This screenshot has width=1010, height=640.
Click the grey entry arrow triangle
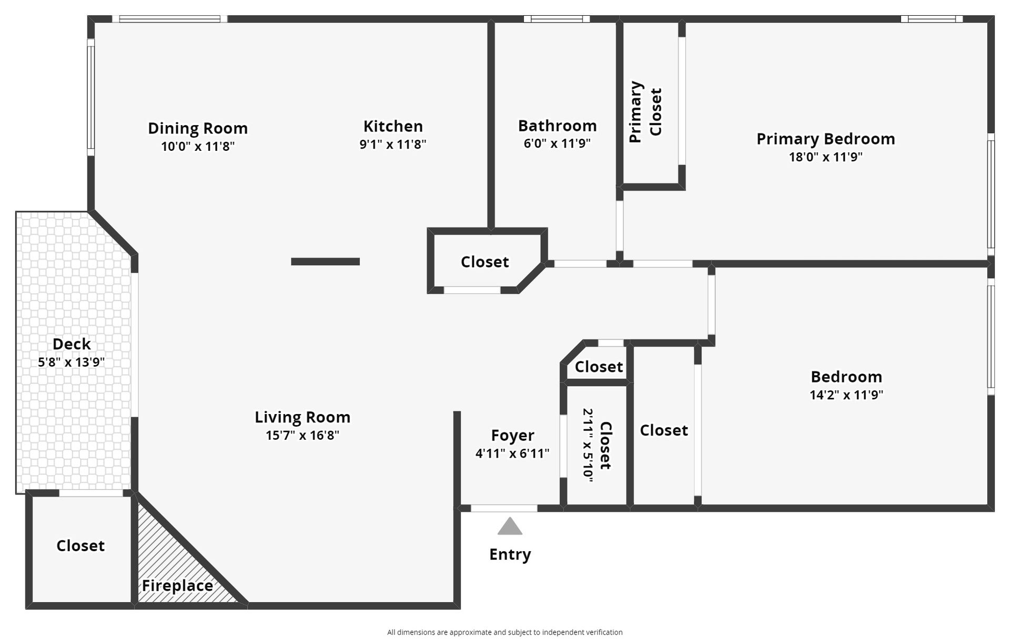(x=510, y=527)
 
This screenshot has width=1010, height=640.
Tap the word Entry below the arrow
(x=510, y=554)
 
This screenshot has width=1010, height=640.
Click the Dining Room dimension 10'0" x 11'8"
(x=197, y=147)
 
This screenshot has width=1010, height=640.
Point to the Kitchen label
(x=393, y=126)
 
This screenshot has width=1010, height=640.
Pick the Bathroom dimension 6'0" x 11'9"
(x=557, y=143)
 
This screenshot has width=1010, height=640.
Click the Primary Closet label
(x=645, y=111)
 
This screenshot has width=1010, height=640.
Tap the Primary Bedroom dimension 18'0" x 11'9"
(x=825, y=157)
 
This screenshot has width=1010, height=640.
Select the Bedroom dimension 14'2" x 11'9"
(x=846, y=395)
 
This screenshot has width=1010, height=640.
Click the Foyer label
(x=512, y=435)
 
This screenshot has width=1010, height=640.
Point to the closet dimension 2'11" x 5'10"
(x=588, y=445)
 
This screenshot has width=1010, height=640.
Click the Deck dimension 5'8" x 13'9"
(x=72, y=362)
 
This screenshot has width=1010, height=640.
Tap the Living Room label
(x=302, y=417)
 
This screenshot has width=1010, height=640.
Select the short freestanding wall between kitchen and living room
(x=325, y=262)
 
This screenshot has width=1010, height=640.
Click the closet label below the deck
(x=80, y=546)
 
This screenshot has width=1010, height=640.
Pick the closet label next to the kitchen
(x=484, y=262)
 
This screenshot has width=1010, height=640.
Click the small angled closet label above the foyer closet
(x=599, y=367)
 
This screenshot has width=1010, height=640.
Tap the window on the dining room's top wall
(x=169, y=19)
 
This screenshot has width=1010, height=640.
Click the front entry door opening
(x=503, y=508)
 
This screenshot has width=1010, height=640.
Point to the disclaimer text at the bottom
(x=504, y=632)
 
